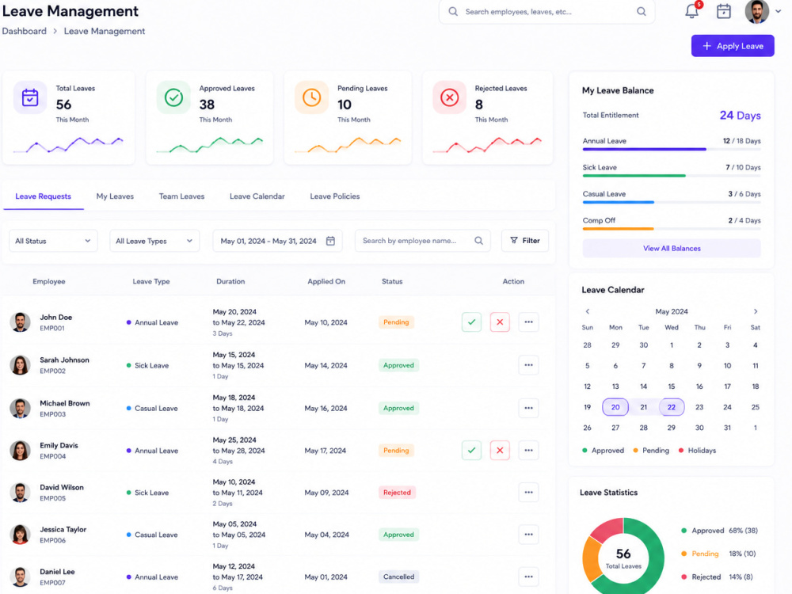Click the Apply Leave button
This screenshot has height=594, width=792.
click(733, 46)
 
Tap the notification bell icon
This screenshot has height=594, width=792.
click(691, 11)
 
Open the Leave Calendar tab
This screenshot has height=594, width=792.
click(257, 196)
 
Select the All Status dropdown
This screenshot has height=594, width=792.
click(53, 241)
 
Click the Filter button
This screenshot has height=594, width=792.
click(525, 241)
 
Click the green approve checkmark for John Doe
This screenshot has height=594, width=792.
click(471, 322)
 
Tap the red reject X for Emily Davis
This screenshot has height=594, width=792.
click(500, 450)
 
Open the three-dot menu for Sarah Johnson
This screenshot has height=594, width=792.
click(528, 365)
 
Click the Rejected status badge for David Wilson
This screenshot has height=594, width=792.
click(397, 493)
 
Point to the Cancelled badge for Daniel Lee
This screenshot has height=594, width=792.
click(398, 577)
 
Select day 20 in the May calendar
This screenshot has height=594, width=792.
click(615, 407)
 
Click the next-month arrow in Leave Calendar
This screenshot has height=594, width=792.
click(756, 311)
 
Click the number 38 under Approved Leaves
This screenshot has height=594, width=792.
click(207, 105)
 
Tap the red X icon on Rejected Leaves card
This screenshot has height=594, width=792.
click(450, 97)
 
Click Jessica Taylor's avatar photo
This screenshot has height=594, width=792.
click(21, 535)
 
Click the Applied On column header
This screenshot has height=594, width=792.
click(326, 281)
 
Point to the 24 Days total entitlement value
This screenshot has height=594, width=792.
click(740, 115)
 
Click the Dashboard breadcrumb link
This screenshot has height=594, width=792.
click(25, 32)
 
